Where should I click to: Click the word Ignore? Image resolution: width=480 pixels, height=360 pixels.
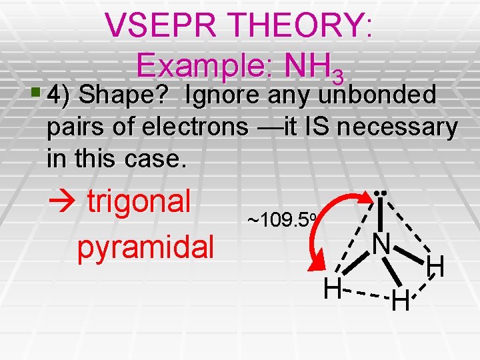pyautogui.click(x=221, y=96)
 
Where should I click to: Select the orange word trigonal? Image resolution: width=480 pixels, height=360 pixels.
pyautogui.click(x=139, y=201)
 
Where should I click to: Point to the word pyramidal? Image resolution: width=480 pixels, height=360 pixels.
pyautogui.click(x=145, y=247)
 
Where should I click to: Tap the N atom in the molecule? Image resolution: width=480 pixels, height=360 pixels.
pyautogui.click(x=381, y=244)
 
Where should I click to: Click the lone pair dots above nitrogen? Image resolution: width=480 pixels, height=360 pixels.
pyautogui.click(x=381, y=193)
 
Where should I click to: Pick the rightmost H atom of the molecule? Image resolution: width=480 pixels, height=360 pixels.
pyautogui.click(x=436, y=267)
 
